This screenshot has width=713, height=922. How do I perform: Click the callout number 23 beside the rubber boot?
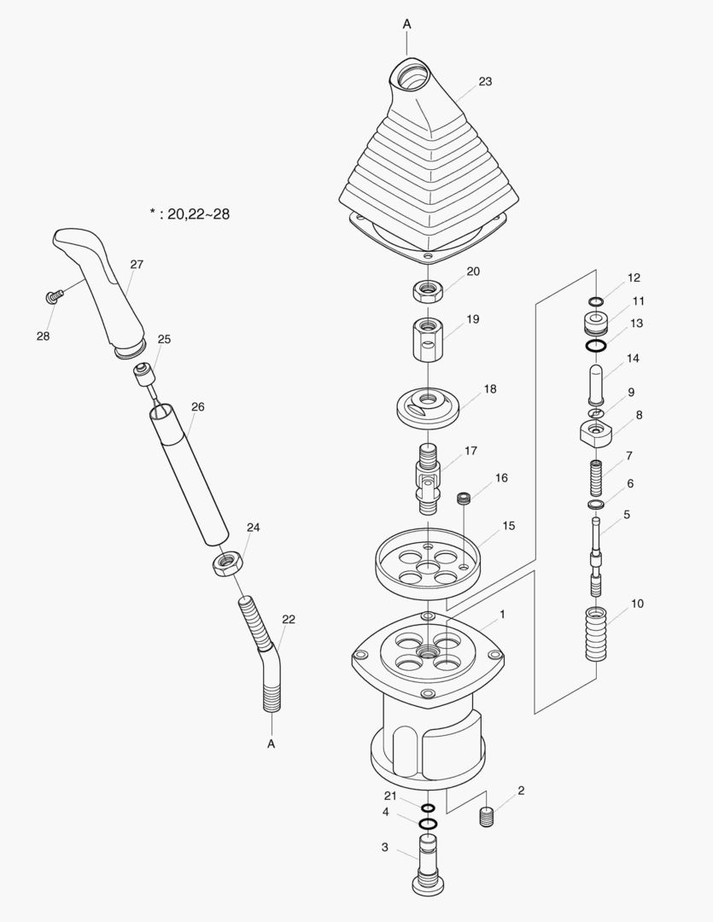[485, 82]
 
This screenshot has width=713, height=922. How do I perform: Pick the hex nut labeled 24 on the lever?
[225, 563]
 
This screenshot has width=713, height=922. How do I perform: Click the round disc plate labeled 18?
[429, 405]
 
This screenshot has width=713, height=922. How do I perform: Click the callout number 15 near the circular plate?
[508, 526]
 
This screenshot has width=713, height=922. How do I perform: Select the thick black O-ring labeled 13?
[596, 346]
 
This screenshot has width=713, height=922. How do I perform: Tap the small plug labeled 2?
[487, 816]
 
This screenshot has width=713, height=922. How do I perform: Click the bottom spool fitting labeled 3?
[427, 867]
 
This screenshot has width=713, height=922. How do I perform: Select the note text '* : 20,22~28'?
[189, 213]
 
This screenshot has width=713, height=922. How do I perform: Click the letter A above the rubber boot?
[407, 25]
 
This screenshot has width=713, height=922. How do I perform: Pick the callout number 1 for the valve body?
[502, 614]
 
